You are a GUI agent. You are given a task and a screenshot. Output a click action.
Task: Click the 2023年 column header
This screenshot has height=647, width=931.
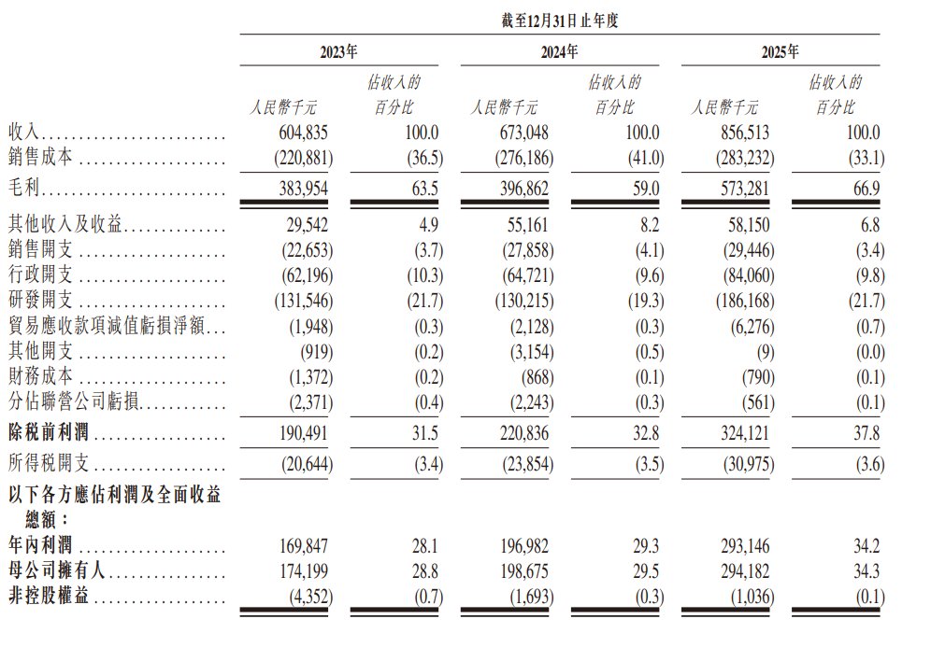pos(339,52)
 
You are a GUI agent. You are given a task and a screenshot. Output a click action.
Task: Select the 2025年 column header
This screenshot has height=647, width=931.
pos(781,52)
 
